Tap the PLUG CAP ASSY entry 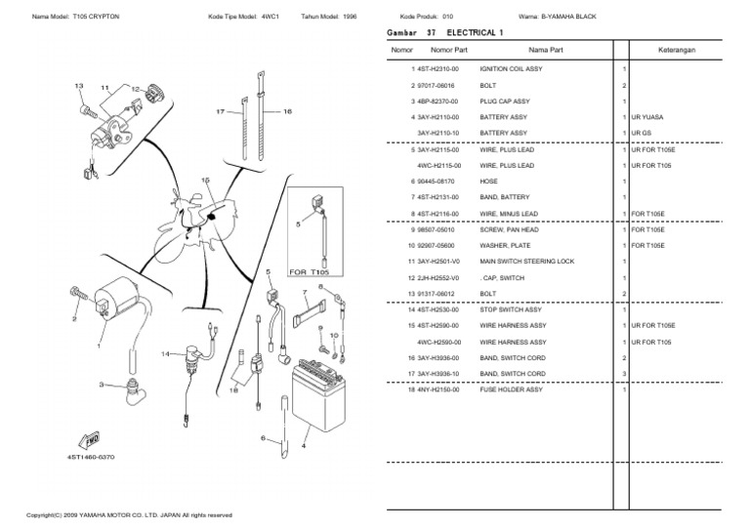pyautogui.click(x=505, y=102)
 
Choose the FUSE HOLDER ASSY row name pyautogui.click(x=511, y=389)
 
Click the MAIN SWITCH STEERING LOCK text pyautogui.click(x=527, y=262)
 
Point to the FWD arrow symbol pyautogui.click(x=87, y=439)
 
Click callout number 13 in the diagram pyautogui.click(x=79, y=86)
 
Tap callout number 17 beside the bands pyautogui.click(x=221, y=112)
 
